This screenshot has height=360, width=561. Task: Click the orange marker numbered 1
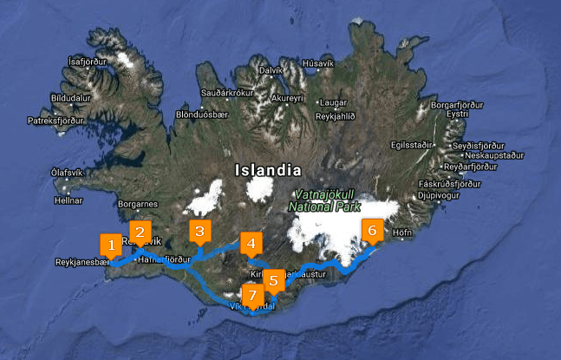(x=111, y=245)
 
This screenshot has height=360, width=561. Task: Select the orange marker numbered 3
(x=199, y=232)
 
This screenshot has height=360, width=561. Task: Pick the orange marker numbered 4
(x=251, y=244)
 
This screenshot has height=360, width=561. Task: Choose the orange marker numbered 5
(x=273, y=280)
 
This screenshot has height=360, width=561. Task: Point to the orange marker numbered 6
(x=372, y=231)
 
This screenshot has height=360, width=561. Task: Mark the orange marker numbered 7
(x=252, y=296)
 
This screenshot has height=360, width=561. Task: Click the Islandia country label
(x=267, y=170)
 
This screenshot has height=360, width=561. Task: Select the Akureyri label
(x=287, y=99)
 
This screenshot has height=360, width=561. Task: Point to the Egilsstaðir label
(x=411, y=145)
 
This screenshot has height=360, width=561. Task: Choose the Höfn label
(x=401, y=232)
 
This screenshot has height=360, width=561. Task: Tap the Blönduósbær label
(x=200, y=114)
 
